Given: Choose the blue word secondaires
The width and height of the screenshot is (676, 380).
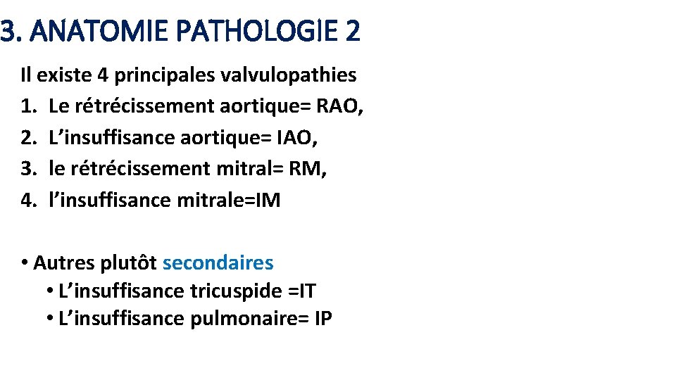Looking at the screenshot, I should coord(218,263).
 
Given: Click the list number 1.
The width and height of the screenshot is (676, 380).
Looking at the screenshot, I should coord(28,106).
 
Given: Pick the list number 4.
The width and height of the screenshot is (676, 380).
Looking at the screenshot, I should coord(28,201).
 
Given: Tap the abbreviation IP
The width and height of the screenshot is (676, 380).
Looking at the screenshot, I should coord(323,319).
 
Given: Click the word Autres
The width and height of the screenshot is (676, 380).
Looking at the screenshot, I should coord(63,263).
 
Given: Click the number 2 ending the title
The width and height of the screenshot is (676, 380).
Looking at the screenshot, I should coord(352,32).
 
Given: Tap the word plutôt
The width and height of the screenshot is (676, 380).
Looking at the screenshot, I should coord(128,263).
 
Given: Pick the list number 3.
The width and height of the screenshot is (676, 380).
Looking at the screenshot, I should coord(28,169).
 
